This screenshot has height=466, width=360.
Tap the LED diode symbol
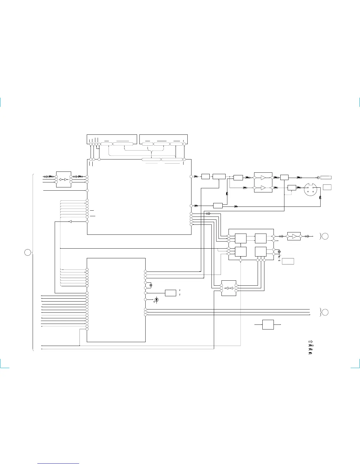click(x=156, y=300)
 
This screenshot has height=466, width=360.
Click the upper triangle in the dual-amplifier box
click(x=263, y=178)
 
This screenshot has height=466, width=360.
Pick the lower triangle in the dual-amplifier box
click(x=263, y=188)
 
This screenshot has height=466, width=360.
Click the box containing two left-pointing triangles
click(x=229, y=288)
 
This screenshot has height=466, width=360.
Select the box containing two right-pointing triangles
click(x=64, y=179)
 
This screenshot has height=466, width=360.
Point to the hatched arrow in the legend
click(x=310, y=342)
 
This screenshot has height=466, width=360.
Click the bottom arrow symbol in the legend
click(x=310, y=353)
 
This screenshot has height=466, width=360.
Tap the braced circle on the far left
click(x=27, y=252)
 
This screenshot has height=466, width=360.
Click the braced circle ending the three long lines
click(x=325, y=312)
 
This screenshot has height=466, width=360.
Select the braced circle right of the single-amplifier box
click(x=325, y=236)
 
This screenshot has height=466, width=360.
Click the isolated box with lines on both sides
click(x=268, y=324)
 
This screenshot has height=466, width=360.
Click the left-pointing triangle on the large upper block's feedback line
click(x=70, y=222)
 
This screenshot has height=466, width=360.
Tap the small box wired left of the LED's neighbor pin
click(x=171, y=293)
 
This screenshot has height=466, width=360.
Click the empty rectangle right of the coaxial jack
click(x=326, y=177)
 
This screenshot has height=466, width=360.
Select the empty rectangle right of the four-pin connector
click(x=327, y=187)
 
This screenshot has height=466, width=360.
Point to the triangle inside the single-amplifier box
click(x=294, y=236)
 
